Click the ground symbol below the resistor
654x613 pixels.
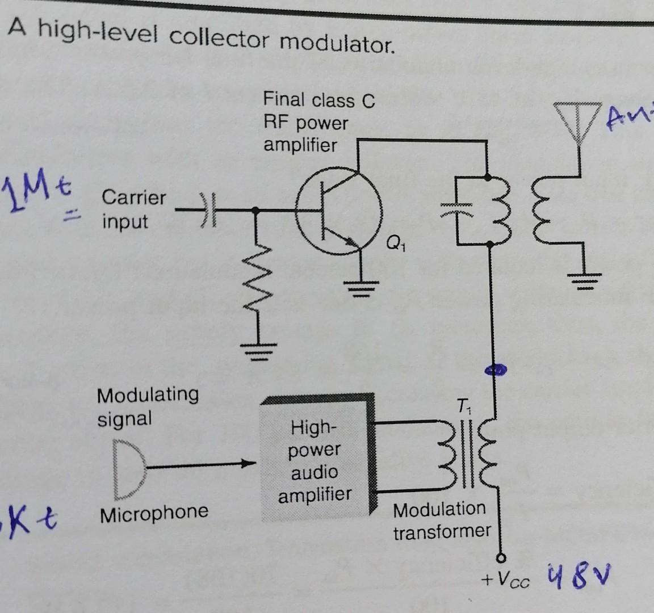[x=257, y=351]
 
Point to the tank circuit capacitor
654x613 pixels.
[x=458, y=211]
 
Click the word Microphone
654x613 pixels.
[x=154, y=513]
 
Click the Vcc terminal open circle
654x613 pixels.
[x=501, y=557]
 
